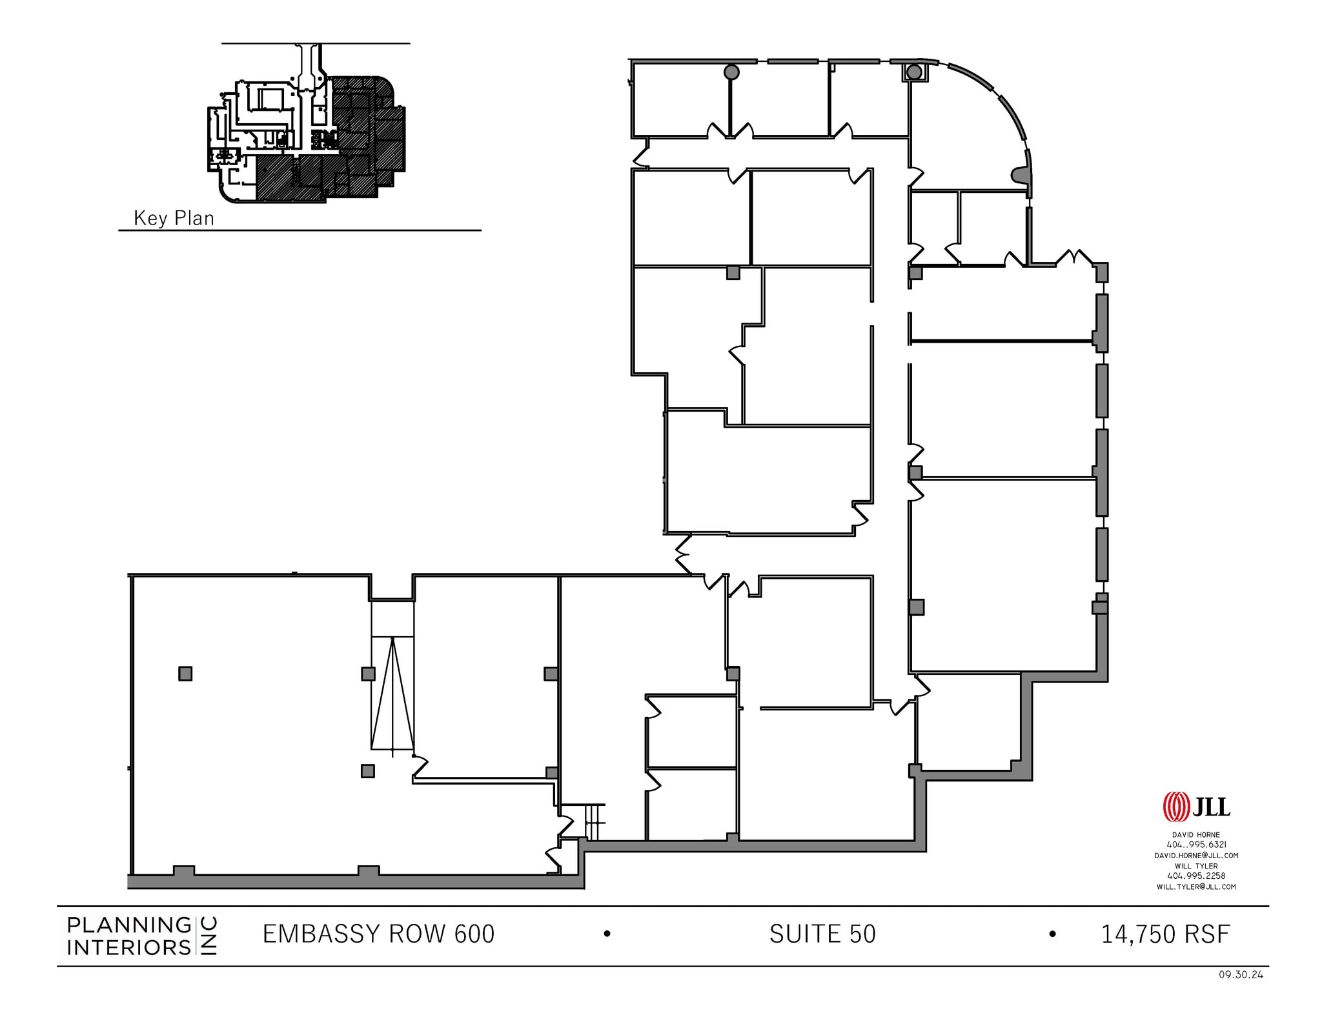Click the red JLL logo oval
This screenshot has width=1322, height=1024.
click(x=1175, y=807)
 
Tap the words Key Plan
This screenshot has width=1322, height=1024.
click(x=174, y=218)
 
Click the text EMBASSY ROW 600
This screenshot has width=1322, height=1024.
click(x=378, y=934)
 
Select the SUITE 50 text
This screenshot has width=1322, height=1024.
click(x=822, y=934)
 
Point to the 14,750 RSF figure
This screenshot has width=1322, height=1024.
click(x=1165, y=934)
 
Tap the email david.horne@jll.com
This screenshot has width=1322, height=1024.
click(x=1196, y=856)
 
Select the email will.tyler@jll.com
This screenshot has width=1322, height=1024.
click(x=1196, y=887)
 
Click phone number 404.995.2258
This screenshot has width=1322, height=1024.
click(x=1196, y=876)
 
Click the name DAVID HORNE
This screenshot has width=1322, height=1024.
click(x=1196, y=835)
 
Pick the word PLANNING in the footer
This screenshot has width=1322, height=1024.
click(x=129, y=925)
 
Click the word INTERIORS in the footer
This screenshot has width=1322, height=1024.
click(x=129, y=947)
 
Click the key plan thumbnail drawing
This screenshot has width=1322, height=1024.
click(x=307, y=139)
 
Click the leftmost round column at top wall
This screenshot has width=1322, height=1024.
click(x=731, y=72)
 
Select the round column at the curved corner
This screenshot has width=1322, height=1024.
click(x=913, y=72)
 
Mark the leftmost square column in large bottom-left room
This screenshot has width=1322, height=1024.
click(x=185, y=674)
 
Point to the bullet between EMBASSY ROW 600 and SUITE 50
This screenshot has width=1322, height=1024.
click(x=607, y=934)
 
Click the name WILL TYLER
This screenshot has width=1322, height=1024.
click(x=1196, y=866)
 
